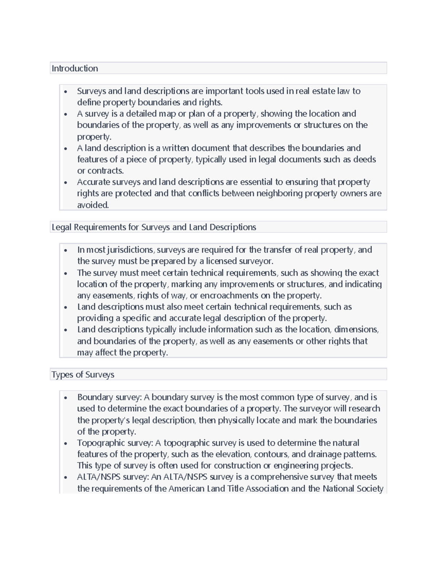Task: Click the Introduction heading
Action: [75, 68]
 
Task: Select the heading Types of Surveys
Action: [83, 374]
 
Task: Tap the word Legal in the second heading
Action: [62, 227]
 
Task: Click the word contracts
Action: [106, 171]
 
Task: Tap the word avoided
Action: [93, 205]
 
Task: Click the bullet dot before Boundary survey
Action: [66, 398]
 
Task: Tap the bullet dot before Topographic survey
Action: [66, 443]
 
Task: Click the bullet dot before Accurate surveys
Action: [66, 182]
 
